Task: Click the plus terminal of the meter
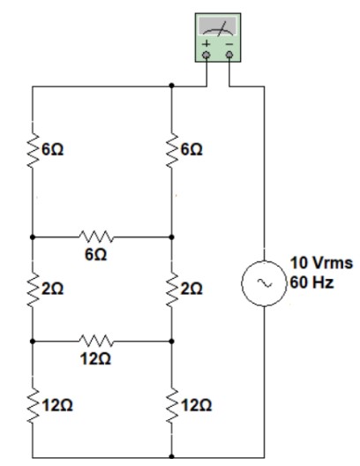coord(206,55)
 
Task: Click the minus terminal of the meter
coord(229,55)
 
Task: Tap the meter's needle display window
coord(218,26)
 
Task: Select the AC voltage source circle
coord(264,283)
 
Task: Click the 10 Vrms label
coord(321,263)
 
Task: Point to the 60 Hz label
coord(311,282)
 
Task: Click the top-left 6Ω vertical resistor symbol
coord(33,149)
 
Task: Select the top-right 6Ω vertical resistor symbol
coord(172,149)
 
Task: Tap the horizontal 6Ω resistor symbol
coord(96,237)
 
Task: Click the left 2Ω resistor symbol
coord(33,289)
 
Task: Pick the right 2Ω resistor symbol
coord(172,289)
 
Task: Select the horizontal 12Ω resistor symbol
coord(96,341)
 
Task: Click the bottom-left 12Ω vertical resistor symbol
coord(33,405)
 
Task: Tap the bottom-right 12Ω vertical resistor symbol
coord(172,405)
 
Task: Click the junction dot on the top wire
coord(171,86)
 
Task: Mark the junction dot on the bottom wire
coord(171,456)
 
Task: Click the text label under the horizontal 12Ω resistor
coord(95,359)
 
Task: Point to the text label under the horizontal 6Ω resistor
coord(95,255)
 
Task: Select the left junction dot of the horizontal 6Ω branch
coord(33,237)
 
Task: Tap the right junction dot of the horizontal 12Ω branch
coord(171,342)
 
